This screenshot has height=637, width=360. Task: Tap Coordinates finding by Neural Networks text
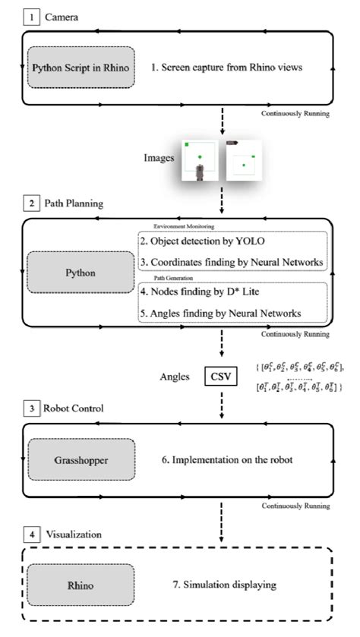click(232, 263)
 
